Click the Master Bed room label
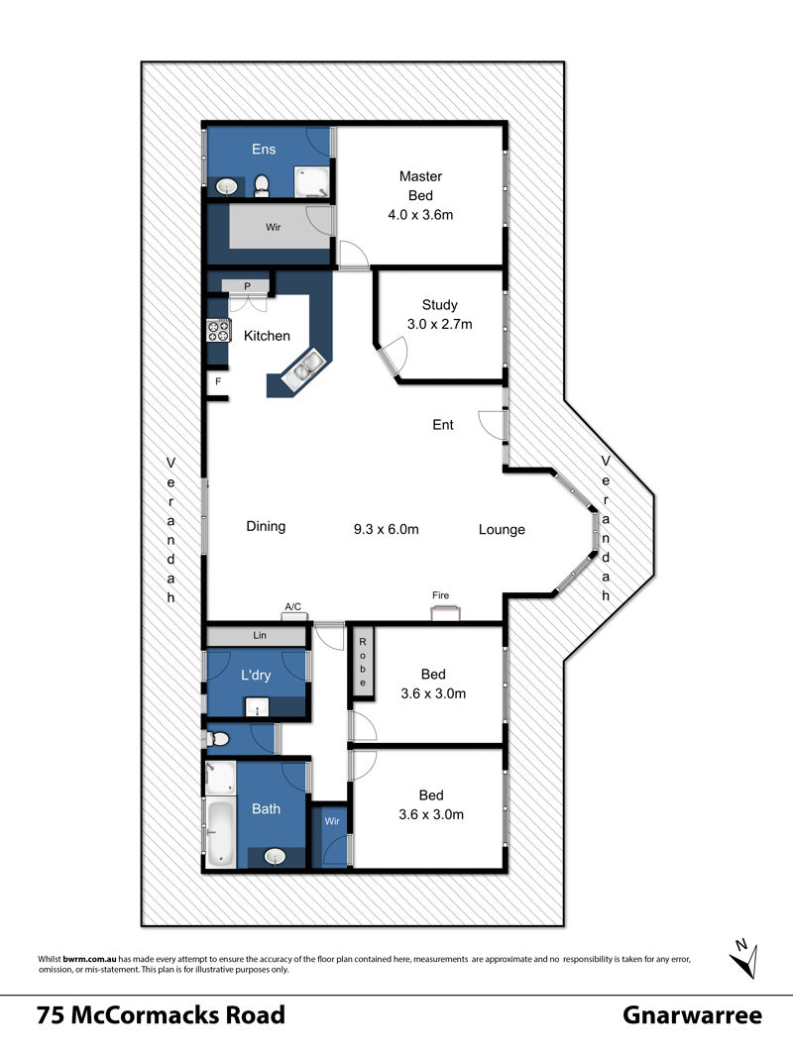tap(420, 186)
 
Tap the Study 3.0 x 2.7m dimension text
tap(439, 324)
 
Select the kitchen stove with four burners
tap(218, 330)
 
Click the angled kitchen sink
tap(304, 370)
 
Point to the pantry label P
tap(247, 286)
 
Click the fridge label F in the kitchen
tap(218, 381)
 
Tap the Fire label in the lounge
tap(441, 595)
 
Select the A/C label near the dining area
tap(293, 607)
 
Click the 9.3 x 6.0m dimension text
tap(386, 529)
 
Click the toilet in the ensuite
tap(262, 185)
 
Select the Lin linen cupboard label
tap(260, 635)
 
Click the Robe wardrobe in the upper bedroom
tap(363, 662)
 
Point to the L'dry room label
tap(256, 675)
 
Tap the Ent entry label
tap(443, 424)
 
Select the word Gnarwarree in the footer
tap(692, 1015)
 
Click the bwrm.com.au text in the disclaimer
tap(89, 959)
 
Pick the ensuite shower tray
tap(312, 182)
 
